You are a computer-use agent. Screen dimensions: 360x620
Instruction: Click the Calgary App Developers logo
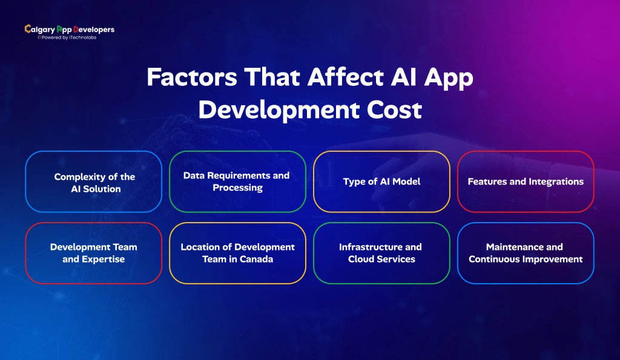click(x=69, y=30)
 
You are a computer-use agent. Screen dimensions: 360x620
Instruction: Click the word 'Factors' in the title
click(x=191, y=79)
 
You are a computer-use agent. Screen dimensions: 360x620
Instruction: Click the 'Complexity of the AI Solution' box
click(x=94, y=182)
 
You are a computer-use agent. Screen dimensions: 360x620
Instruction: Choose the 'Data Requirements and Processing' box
click(x=237, y=182)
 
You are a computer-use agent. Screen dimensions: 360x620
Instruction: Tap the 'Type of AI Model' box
click(x=381, y=182)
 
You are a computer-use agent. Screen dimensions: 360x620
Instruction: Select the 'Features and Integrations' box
click(x=526, y=182)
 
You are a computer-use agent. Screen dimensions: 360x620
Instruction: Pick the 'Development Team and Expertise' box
click(x=94, y=253)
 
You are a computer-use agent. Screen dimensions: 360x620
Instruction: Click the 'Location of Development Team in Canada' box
click(x=237, y=253)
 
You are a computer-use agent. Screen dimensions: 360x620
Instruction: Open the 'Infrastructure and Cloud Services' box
click(x=381, y=253)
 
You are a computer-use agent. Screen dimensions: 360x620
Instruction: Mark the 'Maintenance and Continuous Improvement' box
click(x=526, y=253)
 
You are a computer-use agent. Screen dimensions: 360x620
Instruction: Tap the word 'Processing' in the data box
click(x=237, y=188)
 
